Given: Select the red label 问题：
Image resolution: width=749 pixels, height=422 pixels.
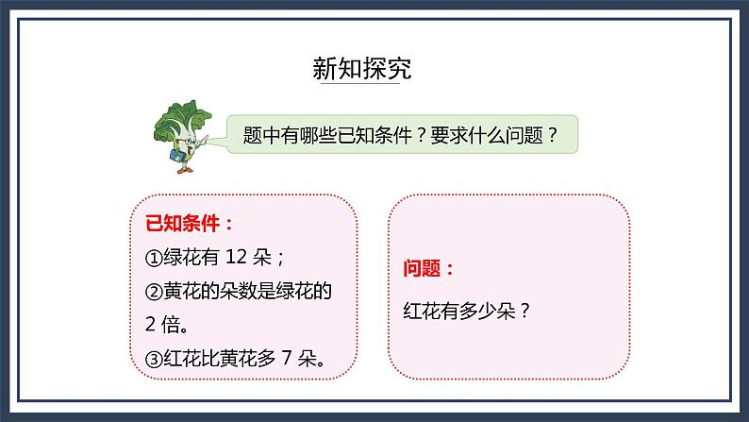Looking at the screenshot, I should pyautogui.click(x=429, y=268).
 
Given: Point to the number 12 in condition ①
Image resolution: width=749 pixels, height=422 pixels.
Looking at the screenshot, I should pyautogui.click(x=241, y=258).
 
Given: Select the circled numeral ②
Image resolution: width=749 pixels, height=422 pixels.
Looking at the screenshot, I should pyautogui.click(x=155, y=293).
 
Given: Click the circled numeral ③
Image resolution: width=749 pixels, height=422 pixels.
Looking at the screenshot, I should pyautogui.click(x=155, y=359).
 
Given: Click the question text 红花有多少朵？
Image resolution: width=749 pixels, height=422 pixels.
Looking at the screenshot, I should pyautogui.click(x=467, y=309).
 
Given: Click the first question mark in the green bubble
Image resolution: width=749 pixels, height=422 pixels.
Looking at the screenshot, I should pyautogui.click(x=421, y=136).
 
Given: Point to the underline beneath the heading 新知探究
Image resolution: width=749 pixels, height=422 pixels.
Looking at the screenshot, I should pyautogui.click(x=362, y=86).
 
